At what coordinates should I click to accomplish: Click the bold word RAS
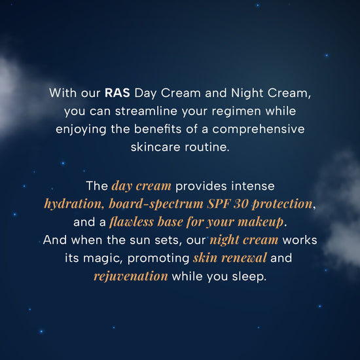pyautogui.click(x=117, y=93)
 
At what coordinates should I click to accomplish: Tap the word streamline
pyautogui.click(x=146, y=111)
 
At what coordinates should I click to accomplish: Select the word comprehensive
pyautogui.click(x=259, y=130)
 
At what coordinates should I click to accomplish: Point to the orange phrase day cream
pyautogui.click(x=141, y=186)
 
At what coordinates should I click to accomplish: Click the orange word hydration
pyautogui.click(x=73, y=204)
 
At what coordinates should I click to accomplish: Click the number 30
pyautogui.click(x=241, y=204)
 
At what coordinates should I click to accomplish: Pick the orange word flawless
pyautogui.click(x=132, y=222)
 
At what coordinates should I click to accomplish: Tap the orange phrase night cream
pyautogui.click(x=244, y=240)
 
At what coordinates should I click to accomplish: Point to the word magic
pyautogui.click(x=102, y=259)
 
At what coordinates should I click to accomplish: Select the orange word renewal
pyautogui.click(x=244, y=258)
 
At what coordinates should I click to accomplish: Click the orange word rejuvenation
pyautogui.click(x=131, y=276)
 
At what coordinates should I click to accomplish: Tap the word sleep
pyautogui.click(x=249, y=276)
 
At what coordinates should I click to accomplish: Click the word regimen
pyautogui.click(x=237, y=111)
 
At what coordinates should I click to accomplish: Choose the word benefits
pyautogui.click(x=158, y=129)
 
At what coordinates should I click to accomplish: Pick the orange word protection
pyautogui.click(x=282, y=204)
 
